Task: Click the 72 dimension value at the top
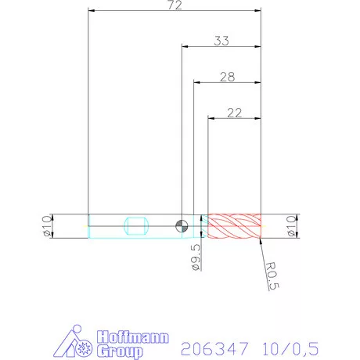click(174, 5)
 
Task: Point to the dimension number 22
click(233, 112)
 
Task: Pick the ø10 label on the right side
click(292, 226)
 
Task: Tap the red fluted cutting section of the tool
click(233, 226)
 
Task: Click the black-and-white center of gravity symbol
click(182, 226)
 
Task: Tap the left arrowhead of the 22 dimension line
click(210, 118)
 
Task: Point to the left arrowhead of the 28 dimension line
click(196, 81)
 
